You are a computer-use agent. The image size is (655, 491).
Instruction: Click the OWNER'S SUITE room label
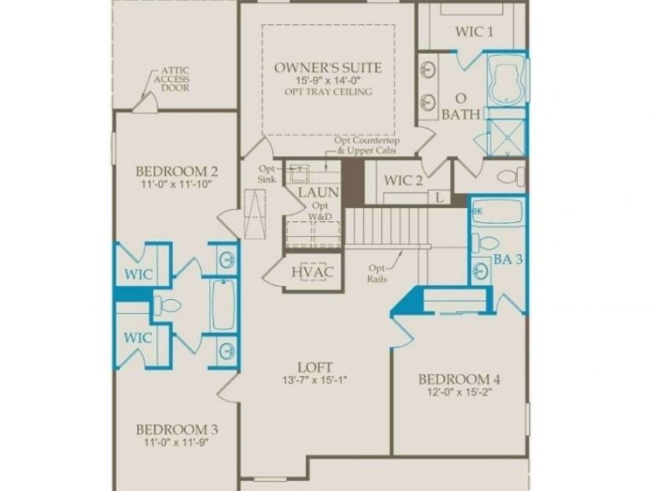point(328,68)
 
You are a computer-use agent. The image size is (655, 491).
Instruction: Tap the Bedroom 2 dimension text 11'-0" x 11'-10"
point(177,184)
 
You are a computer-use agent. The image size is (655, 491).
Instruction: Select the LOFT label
point(315,367)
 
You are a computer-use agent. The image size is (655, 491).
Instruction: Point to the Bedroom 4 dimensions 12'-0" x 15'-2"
point(459,392)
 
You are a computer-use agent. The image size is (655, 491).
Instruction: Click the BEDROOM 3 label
point(177,430)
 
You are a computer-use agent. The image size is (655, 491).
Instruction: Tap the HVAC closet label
point(312,272)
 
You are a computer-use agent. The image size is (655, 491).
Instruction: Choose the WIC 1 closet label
point(474,32)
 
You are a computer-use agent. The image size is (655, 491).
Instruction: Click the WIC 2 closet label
point(403,181)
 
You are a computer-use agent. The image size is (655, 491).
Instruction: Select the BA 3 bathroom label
point(508,259)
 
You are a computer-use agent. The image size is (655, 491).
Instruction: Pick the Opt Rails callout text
point(377,274)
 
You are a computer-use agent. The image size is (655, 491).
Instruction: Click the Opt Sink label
point(267,174)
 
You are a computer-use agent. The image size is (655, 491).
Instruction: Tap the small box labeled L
point(439,197)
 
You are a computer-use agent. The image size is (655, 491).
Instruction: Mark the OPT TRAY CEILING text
point(328,92)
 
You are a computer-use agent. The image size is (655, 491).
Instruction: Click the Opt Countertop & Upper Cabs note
point(367,145)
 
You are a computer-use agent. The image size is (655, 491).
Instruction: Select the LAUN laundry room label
point(319,193)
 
